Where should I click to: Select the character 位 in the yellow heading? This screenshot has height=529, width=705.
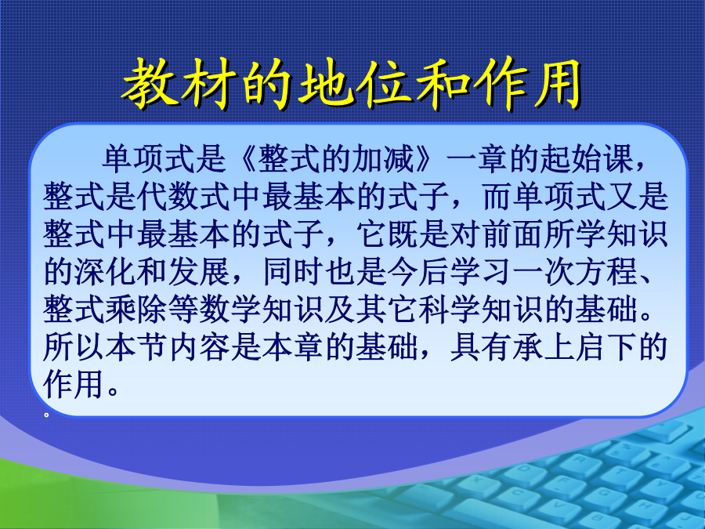coord(385,84)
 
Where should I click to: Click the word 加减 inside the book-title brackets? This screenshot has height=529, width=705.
coord(384,159)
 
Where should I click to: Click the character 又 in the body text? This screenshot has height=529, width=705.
coord(622,197)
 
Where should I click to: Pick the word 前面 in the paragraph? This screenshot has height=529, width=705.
coord(513,234)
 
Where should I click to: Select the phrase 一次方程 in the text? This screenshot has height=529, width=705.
coord(575,272)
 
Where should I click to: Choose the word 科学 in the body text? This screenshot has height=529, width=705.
coord(449,310)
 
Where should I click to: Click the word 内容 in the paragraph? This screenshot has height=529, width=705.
coord(199,348)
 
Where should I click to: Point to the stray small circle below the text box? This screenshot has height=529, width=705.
coord(46,415)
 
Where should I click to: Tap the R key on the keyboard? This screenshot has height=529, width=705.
coord(580,459)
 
